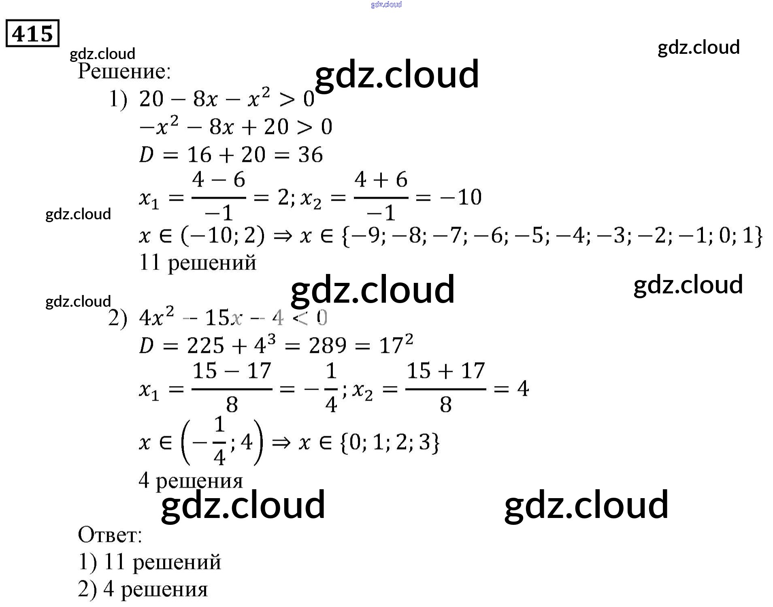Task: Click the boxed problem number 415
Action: click(x=32, y=33)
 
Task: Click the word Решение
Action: click(x=124, y=71)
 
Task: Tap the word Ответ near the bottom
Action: click(x=109, y=535)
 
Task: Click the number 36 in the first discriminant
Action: click(x=311, y=155)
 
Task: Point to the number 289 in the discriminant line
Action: click(x=328, y=346)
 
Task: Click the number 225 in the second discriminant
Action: click(x=206, y=346)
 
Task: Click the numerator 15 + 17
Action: click(x=445, y=371)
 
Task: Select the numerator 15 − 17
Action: click(x=232, y=371)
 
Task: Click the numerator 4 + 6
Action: click(x=381, y=180)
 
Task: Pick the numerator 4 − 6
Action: click(x=219, y=180)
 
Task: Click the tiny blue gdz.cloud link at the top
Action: click(x=386, y=4)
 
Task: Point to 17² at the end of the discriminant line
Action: click(x=396, y=345)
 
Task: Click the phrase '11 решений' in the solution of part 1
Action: click(x=198, y=263)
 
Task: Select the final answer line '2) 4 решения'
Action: click(x=143, y=589)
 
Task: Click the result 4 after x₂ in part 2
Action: click(x=523, y=389)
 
